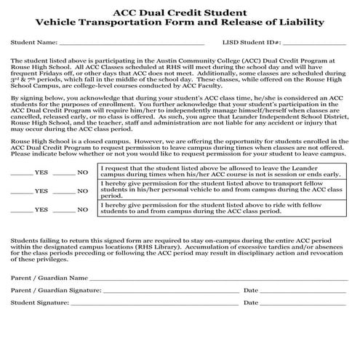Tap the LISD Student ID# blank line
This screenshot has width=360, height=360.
(x=306, y=44)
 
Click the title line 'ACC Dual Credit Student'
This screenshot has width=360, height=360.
(x=180, y=10)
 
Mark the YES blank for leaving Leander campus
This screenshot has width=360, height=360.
(x=21, y=173)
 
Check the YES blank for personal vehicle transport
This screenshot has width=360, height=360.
(x=21, y=192)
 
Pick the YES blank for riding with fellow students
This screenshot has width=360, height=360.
(x=21, y=211)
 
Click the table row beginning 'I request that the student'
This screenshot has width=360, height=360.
(x=219, y=172)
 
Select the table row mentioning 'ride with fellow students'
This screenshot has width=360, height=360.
(x=219, y=209)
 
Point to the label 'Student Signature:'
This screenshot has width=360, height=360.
(x=36, y=302)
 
